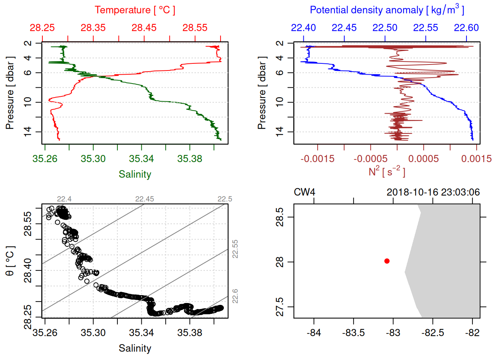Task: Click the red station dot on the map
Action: tap(387, 261)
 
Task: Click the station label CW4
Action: tap(304, 192)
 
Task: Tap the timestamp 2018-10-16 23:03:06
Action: tap(433, 192)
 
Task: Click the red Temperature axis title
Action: tap(135, 10)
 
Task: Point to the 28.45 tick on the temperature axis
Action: tap(144, 28)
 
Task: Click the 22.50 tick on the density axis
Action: tap(385, 28)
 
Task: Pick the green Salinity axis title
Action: tap(135, 174)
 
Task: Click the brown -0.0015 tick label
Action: tap(318, 159)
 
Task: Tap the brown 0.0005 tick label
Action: tap(423, 159)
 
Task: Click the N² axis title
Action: tap(387, 172)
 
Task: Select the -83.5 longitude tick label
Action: tap(353, 333)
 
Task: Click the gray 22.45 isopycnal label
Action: tap(144, 199)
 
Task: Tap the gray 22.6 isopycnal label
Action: tap(235, 296)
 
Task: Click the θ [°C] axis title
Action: tap(10, 261)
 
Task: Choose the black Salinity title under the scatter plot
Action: tap(135, 348)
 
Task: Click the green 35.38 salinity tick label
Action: tap(190, 159)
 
